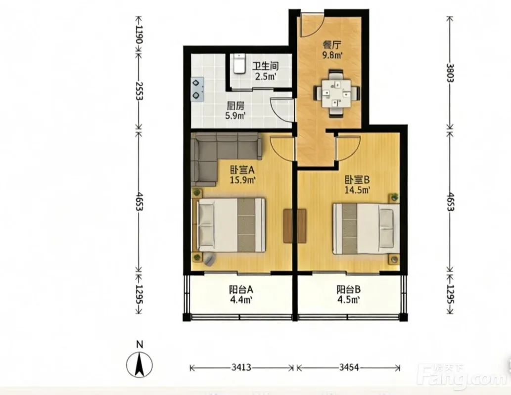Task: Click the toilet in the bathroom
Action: click(239, 64)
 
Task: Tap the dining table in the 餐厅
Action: click(336, 93)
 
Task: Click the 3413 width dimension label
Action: click(241, 368)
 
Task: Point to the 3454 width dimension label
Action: click(349, 368)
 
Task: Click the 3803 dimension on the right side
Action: click(450, 73)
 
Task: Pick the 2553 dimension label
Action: click(139, 91)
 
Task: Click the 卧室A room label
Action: click(242, 170)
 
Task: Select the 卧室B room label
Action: click(357, 179)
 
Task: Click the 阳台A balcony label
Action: click(241, 289)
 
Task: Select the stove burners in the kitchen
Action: click(197, 88)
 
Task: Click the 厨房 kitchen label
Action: click(235, 106)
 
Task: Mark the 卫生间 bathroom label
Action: click(266, 66)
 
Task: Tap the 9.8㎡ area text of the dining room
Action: click(332, 55)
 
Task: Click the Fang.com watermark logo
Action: click(463, 377)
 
